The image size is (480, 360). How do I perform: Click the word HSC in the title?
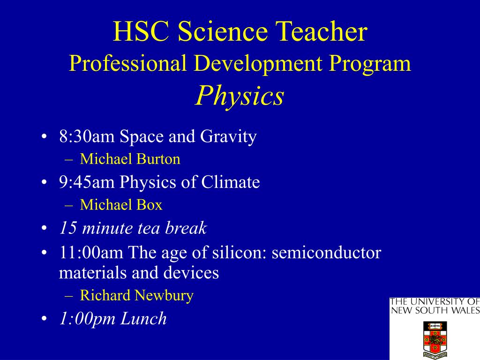click(141, 31)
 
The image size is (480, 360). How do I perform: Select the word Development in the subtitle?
click(258, 63)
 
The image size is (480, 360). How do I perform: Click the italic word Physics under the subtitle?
click(240, 96)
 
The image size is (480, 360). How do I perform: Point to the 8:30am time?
click(87, 136)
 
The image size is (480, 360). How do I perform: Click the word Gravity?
click(228, 136)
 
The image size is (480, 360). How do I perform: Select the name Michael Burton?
click(130, 159)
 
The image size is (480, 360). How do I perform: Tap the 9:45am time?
click(87, 182)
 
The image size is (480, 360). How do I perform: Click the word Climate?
click(231, 182)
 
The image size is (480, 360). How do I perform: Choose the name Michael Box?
click(121, 204)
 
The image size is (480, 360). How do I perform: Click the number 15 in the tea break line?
click(67, 228)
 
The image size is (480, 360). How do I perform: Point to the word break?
click(186, 228)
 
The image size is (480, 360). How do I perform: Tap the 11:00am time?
click(91, 253)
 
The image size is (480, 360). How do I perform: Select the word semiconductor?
click(326, 253)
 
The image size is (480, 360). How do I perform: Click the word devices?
click(191, 272)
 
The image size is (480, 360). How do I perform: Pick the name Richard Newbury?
click(136, 295)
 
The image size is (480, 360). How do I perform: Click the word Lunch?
click(143, 318)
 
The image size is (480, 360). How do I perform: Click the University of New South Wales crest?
click(435, 339)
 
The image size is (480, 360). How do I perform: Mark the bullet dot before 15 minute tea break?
click(44, 228)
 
